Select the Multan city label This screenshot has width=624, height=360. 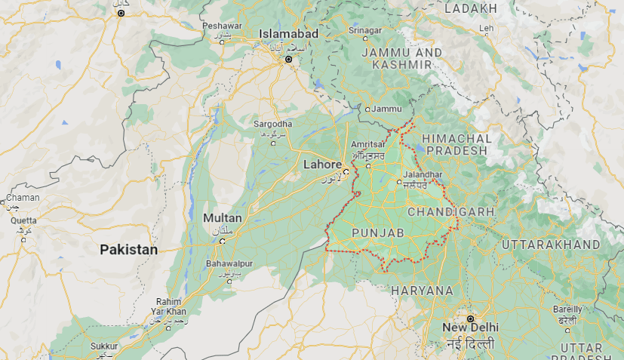pyautogui.click(x=223, y=218)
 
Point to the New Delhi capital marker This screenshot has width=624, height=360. pyautogui.click(x=469, y=318)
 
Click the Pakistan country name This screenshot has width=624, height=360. pyautogui.click(x=129, y=249)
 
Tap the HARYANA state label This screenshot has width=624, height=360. pyautogui.click(x=422, y=290)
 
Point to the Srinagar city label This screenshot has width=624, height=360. pyautogui.click(x=365, y=29)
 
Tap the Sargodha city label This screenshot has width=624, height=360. pyautogui.click(x=272, y=124)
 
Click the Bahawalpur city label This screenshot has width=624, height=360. pyautogui.click(x=229, y=264)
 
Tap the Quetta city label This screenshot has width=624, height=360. pyautogui.click(x=23, y=220)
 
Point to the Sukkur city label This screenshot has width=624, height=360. pyautogui.click(x=104, y=346)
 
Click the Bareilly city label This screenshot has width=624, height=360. pyautogui.click(x=567, y=309)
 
